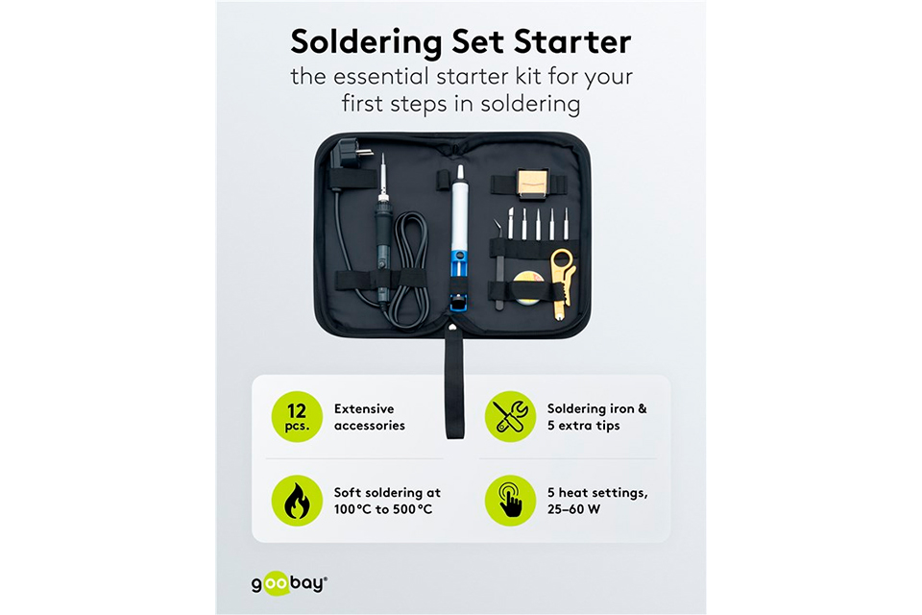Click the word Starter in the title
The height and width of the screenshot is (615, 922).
(572, 41)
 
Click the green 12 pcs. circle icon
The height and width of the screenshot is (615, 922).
(297, 417)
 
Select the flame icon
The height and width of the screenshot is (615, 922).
(297, 501)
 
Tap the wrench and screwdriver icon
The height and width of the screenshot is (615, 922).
(510, 417)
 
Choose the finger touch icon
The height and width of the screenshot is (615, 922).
(510, 501)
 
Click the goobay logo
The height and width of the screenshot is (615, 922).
(289, 584)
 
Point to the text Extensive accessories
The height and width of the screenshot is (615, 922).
(369, 417)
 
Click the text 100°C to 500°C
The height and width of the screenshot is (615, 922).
(383, 509)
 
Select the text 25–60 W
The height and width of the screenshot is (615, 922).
(574, 509)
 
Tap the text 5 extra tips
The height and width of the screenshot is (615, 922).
(583, 426)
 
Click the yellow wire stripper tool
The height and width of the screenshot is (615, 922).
(562, 283)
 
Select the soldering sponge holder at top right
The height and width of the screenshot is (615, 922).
(529, 184)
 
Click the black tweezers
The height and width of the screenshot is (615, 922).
(498, 265)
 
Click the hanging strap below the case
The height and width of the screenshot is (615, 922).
(453, 383)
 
